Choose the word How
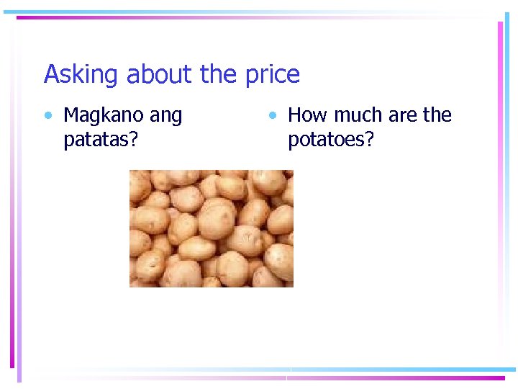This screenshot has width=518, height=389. click(x=306, y=115)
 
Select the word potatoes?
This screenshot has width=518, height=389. click(x=331, y=140)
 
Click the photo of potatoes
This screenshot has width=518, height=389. click(x=211, y=228)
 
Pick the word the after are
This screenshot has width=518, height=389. click(x=437, y=115)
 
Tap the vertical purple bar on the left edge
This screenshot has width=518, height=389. click(x=12, y=194)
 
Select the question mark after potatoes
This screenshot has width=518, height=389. click(x=370, y=140)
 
